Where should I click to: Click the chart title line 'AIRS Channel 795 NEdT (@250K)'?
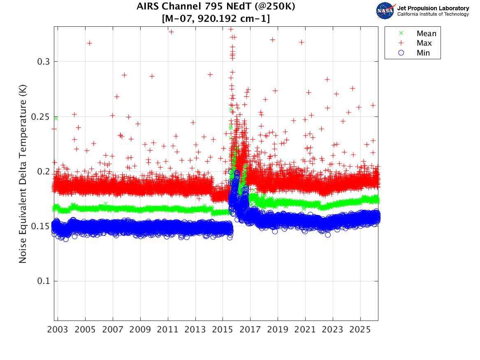216,7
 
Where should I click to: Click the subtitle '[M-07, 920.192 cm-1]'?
216,19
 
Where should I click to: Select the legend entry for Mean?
426,34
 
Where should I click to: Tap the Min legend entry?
423,53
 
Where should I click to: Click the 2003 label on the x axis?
58,330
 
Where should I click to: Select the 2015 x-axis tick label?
223,330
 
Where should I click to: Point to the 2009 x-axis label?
140,330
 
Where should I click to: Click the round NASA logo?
385,11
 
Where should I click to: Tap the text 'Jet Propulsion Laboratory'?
433,8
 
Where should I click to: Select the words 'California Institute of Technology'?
433,14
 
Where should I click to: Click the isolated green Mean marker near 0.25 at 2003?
56,118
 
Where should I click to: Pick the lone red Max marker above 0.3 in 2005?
89,43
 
